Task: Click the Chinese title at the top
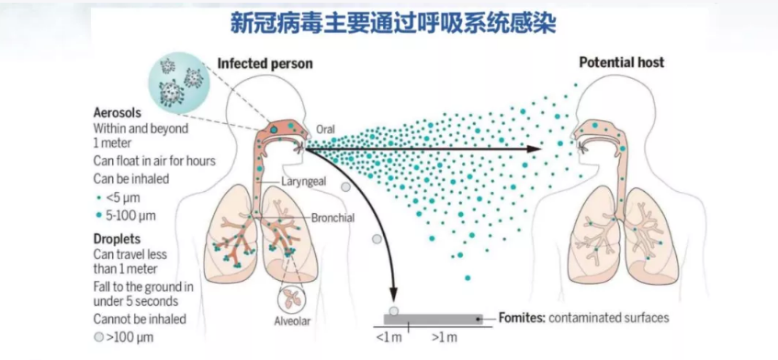pos(392,23)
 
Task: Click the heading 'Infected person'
pos(265,63)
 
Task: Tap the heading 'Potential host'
pos(622,62)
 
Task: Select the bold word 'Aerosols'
pos(117,113)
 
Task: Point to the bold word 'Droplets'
pos(117,239)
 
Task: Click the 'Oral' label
pos(325,129)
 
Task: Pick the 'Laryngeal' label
pos(304,182)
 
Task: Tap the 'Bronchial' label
pos(333,217)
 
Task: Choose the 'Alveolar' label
pos(292,321)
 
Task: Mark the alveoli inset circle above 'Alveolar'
pos(292,298)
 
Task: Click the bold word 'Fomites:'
pos(522,318)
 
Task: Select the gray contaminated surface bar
pos(433,320)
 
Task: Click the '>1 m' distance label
pos(444,338)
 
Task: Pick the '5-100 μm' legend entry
pos(125,216)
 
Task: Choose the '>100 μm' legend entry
pos(124,338)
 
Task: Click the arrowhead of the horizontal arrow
pos(535,149)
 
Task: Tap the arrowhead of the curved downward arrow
pos(394,295)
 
